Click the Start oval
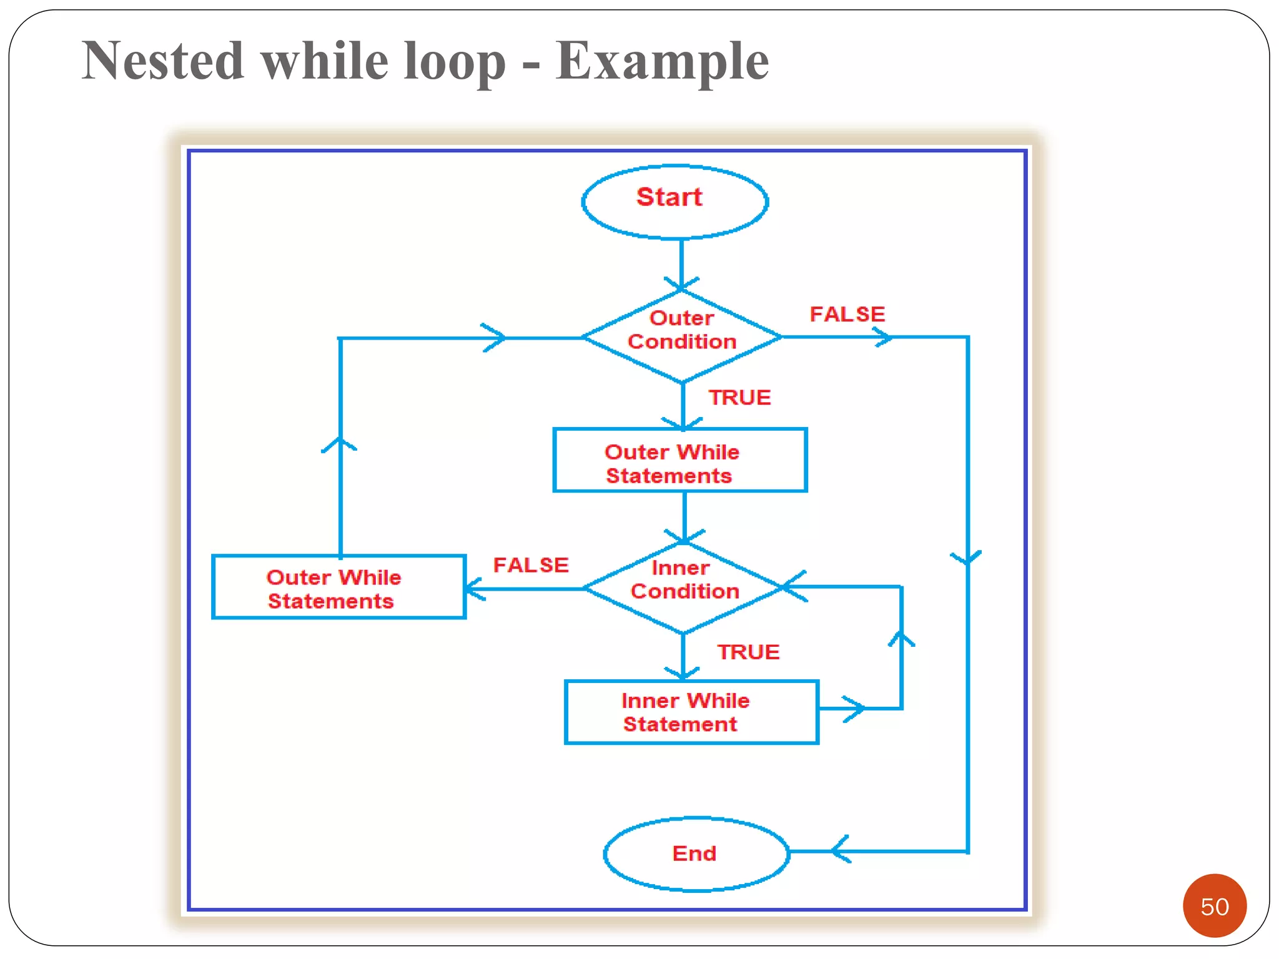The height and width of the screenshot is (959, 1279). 674,201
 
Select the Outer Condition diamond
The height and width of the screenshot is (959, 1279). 682,337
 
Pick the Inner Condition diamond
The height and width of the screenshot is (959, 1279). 684,587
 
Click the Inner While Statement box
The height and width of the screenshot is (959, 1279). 691,712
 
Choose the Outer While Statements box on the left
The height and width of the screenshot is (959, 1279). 338,587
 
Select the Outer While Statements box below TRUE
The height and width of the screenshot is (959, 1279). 680,460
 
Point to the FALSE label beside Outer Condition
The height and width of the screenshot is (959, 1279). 847,314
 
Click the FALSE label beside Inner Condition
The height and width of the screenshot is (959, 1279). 531,565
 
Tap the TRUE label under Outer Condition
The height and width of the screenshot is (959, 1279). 739,398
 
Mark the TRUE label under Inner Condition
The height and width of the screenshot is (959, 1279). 748,652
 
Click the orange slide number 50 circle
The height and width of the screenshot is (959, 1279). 1214,905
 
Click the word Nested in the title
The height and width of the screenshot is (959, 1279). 163,61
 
